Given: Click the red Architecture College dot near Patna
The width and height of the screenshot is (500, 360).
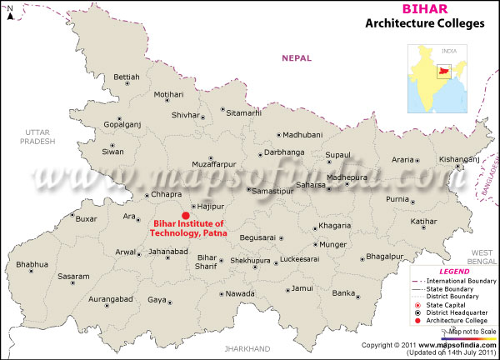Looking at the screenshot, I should pyautogui.click(x=185, y=214).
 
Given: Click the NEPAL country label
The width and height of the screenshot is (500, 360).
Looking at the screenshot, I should pyautogui.click(x=295, y=57).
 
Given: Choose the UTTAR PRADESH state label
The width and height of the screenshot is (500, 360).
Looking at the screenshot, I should pyautogui.click(x=39, y=137).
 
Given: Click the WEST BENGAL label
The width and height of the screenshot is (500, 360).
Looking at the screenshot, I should pyautogui.click(x=482, y=256).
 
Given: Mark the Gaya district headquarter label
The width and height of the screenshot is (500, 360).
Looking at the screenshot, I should pyautogui.click(x=157, y=298).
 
